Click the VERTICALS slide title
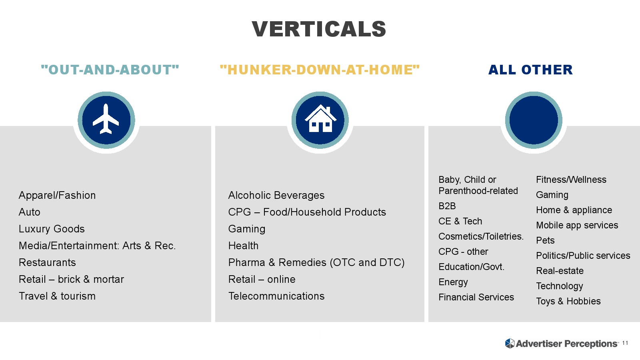point(319,29)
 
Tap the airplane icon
point(106,119)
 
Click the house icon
point(320,118)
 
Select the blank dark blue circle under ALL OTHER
point(534,120)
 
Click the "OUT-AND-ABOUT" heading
point(110,70)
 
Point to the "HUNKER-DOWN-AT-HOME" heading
point(320,70)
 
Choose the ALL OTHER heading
point(530,70)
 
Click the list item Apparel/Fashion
point(57,196)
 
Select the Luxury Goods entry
point(52,229)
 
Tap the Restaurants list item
point(47,262)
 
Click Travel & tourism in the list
point(57,296)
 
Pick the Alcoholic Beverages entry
point(276,196)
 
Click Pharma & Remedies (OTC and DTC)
point(316,262)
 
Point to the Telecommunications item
point(276,296)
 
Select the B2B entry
point(447,206)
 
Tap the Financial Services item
point(476,297)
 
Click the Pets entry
point(545,240)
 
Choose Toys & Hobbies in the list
point(568,301)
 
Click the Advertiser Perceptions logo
point(562,344)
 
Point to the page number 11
point(625,343)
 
